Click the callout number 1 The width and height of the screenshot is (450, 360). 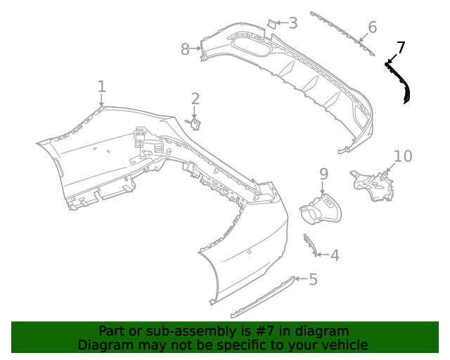pos(102,86)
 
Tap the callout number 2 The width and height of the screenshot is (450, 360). pos(195,99)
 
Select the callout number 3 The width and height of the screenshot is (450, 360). pos(292,23)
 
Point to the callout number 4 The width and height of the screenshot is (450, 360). pos(335,255)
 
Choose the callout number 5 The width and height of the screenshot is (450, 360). pos(313,280)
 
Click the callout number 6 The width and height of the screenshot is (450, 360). pos(372,27)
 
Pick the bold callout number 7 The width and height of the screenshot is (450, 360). pos(401,48)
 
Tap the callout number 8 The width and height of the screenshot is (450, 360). pos(185,49)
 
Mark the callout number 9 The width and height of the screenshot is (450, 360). pos(323,173)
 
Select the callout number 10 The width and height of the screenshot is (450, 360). pos(403,156)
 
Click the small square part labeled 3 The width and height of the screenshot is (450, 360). pos(270,24)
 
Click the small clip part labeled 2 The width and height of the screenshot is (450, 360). pos(195,124)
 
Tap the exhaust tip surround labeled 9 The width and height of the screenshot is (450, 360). pos(321,211)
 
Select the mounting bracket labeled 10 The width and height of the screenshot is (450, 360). pos(373,185)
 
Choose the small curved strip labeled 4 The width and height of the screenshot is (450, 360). pos(309,244)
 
